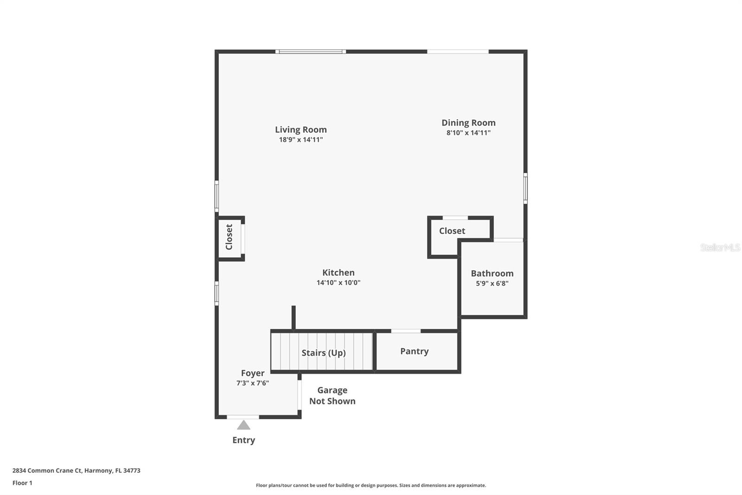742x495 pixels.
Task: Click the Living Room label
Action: pyautogui.click(x=301, y=130)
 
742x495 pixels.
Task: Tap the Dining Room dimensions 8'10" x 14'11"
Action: pyautogui.click(x=468, y=133)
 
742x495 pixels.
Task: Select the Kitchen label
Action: pyautogui.click(x=338, y=273)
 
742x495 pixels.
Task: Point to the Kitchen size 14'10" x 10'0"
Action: pyautogui.click(x=338, y=283)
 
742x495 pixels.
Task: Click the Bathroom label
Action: pyautogui.click(x=492, y=274)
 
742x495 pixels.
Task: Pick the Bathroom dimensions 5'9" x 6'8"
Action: pyautogui.click(x=492, y=284)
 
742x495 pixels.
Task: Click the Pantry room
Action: pyautogui.click(x=414, y=352)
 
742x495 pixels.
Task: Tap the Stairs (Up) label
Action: pyautogui.click(x=323, y=353)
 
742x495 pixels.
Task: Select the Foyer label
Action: pyautogui.click(x=253, y=373)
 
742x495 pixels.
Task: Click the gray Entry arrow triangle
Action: pyautogui.click(x=243, y=425)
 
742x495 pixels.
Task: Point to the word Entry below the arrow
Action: pyautogui.click(x=243, y=440)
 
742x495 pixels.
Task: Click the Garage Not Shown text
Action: pyautogui.click(x=332, y=396)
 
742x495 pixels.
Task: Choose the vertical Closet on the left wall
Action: pyautogui.click(x=229, y=237)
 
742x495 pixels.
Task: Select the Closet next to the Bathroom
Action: pyautogui.click(x=452, y=231)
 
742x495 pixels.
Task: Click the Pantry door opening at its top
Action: pyautogui.click(x=406, y=331)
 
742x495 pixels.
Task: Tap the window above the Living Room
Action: pyautogui.click(x=310, y=52)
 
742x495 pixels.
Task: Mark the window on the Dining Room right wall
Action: pyautogui.click(x=525, y=188)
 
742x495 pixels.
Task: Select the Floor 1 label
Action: pyautogui.click(x=22, y=483)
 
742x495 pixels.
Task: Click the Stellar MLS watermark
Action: pyautogui.click(x=720, y=247)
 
